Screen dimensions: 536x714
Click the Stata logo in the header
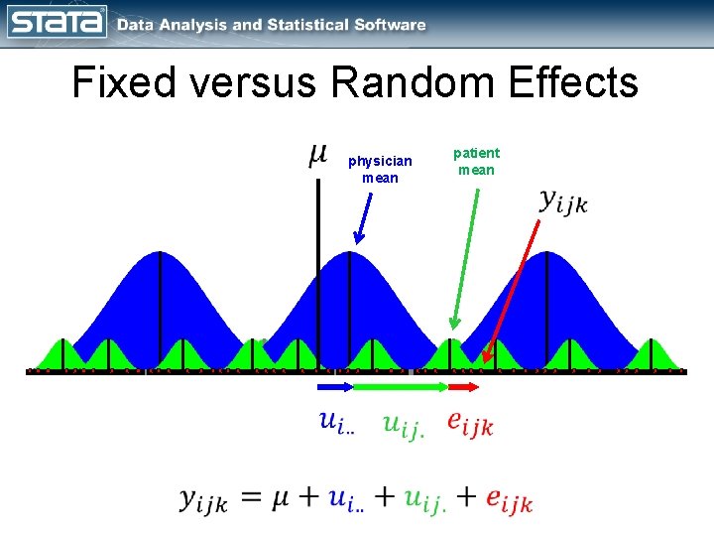pyautogui.click(x=57, y=23)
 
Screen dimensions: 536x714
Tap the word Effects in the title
pyautogui.click(x=576, y=83)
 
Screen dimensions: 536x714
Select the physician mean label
pyautogui.click(x=380, y=170)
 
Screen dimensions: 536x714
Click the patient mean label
pyautogui.click(x=476, y=161)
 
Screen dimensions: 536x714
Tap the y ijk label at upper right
pyautogui.click(x=563, y=201)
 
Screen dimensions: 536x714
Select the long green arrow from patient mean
pyautogui.click(x=466, y=258)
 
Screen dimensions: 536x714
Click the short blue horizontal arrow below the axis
pyautogui.click(x=334, y=385)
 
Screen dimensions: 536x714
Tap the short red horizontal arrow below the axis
pyautogui.click(x=463, y=385)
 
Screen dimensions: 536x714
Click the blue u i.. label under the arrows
pyautogui.click(x=336, y=423)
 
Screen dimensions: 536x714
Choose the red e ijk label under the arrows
pyautogui.click(x=469, y=424)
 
